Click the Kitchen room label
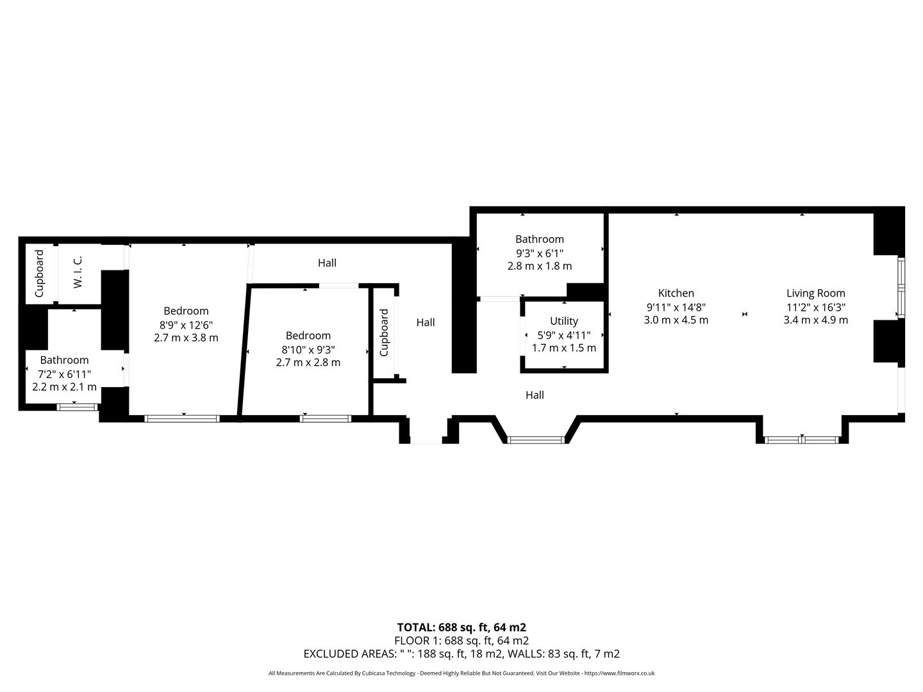pos(676,293)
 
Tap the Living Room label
pos(815,293)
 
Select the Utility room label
pos(563,321)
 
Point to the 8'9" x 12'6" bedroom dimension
pos(186,325)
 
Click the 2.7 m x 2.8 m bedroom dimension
pos(308,363)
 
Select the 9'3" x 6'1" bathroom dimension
pos(539,253)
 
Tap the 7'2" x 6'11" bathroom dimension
pos(64,374)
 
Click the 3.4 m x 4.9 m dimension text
pos(815,320)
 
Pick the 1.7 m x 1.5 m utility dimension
pos(563,348)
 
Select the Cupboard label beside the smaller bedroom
pos(384,333)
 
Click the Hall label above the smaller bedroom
pos(327,263)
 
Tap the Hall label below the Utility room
pos(535,395)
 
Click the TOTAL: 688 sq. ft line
pos(462,627)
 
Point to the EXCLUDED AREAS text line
pos(462,654)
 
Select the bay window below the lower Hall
pos(535,440)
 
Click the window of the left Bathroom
pos(78,406)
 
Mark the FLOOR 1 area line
pos(462,641)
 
